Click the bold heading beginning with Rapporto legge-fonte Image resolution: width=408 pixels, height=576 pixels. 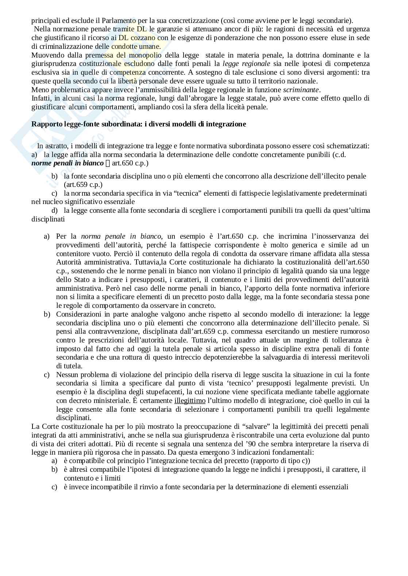pos(139,124)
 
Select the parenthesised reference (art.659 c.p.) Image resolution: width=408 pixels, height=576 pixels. pos(83,185)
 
